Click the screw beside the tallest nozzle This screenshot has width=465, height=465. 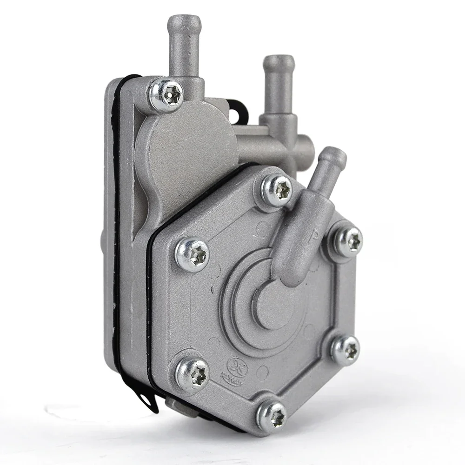click(x=166, y=95)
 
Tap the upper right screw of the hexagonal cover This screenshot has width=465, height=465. click(x=348, y=241)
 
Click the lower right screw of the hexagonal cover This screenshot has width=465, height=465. click(x=345, y=349)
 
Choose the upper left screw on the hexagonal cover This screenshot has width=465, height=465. click(x=192, y=254)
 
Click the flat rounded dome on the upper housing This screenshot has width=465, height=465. click(x=186, y=144)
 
